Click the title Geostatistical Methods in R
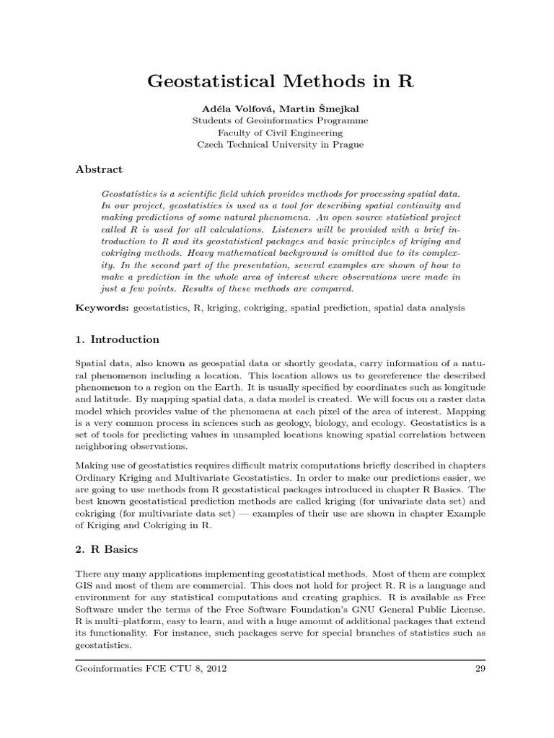tap(280, 81)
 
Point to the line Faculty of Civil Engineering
tap(280, 133)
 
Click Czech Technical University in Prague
tap(280, 145)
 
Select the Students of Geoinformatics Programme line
tap(280, 120)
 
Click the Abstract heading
tap(99, 170)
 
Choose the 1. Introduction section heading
tap(118, 339)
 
